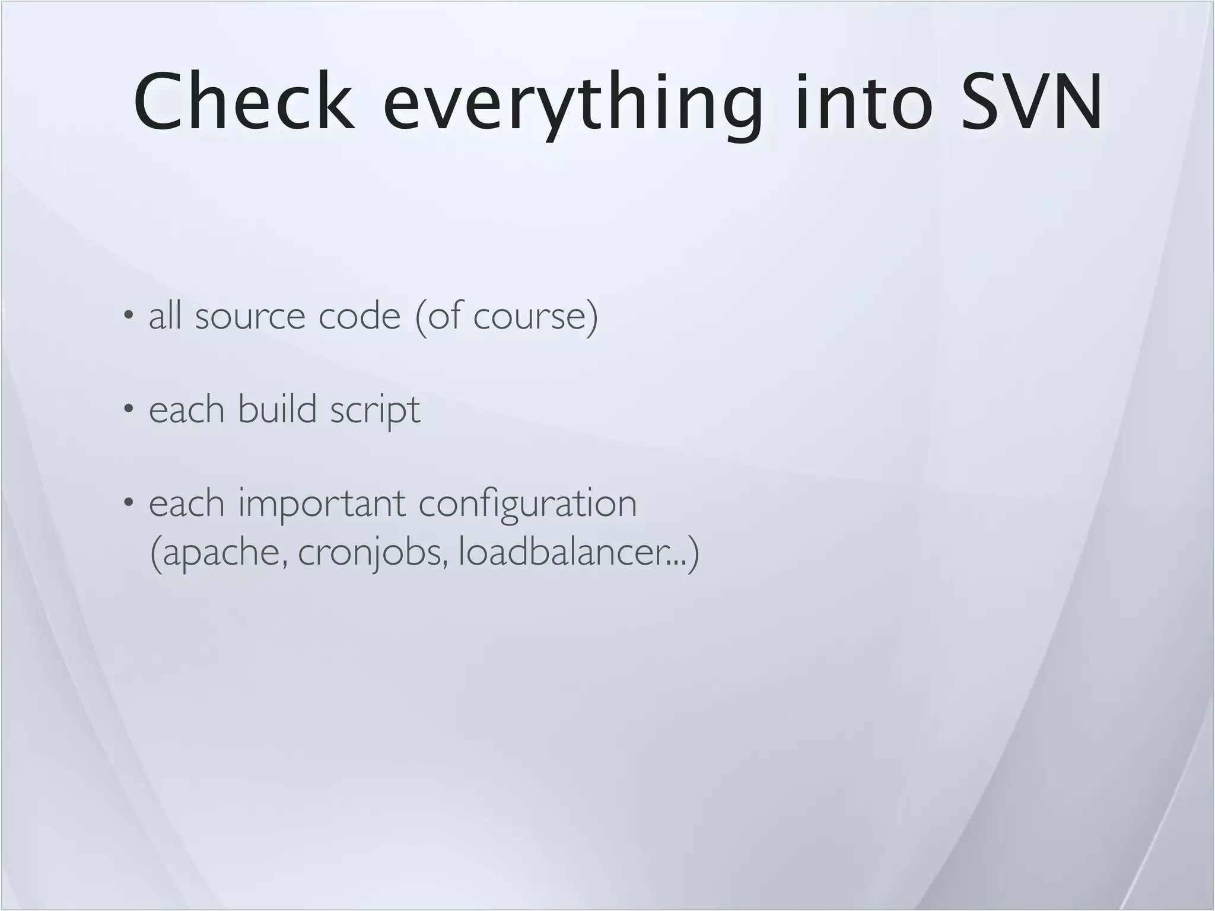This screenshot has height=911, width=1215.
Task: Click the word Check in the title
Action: (x=244, y=102)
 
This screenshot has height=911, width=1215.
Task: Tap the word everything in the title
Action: (x=573, y=102)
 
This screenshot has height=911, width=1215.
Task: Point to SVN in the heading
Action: (x=1032, y=102)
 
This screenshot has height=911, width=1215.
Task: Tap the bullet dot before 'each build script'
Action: (x=128, y=409)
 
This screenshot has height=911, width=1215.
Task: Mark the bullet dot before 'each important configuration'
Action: (x=128, y=503)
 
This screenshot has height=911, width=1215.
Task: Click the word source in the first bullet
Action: (x=250, y=316)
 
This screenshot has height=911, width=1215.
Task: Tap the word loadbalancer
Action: (x=561, y=552)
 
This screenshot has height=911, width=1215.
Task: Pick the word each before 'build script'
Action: (x=186, y=409)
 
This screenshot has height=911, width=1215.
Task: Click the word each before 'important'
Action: (x=186, y=504)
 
